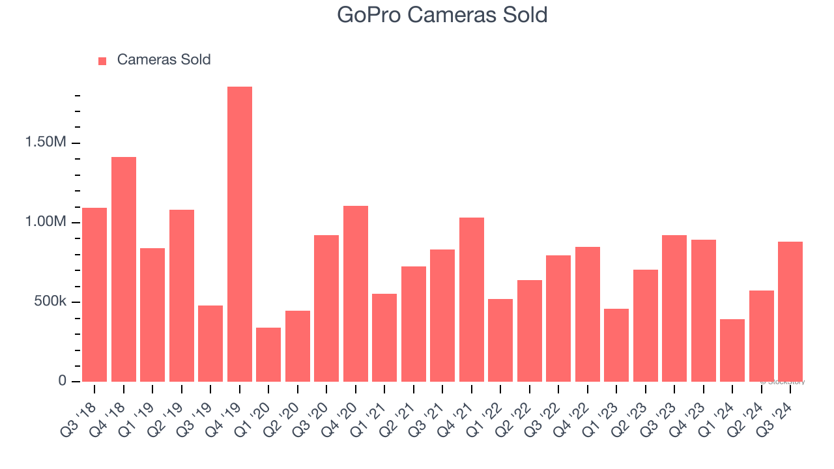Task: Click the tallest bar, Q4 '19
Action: (x=240, y=234)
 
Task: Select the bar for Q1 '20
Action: (x=268, y=354)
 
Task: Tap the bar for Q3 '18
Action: (x=94, y=294)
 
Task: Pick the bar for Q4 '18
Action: (x=124, y=269)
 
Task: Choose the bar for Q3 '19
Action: (x=210, y=343)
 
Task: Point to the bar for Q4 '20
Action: (x=356, y=293)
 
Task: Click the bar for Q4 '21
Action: (x=472, y=299)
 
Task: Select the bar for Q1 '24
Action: (x=732, y=350)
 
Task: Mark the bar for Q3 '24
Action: (x=790, y=311)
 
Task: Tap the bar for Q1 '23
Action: (x=616, y=345)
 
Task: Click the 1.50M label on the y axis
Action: (x=46, y=143)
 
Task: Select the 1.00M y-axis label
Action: (x=46, y=222)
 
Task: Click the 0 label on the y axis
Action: (x=63, y=380)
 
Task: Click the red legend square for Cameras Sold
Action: (x=102, y=61)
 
